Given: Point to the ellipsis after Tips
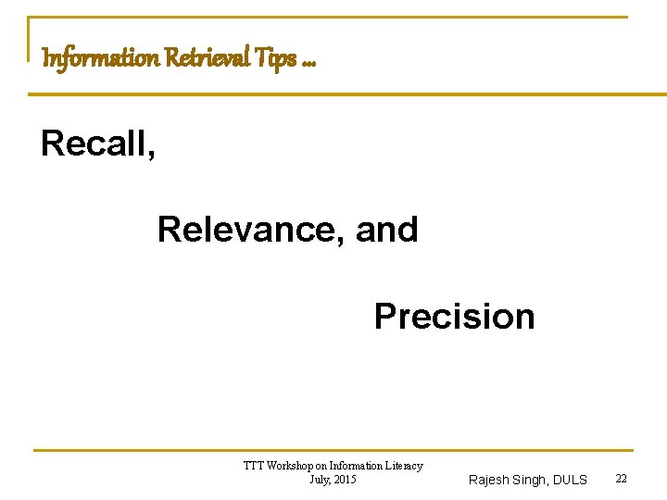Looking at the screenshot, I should (308, 63).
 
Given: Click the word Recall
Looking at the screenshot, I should (92, 143).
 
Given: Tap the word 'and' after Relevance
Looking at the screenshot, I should (387, 229).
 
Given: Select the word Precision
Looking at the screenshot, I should (454, 316).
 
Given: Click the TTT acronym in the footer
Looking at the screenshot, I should (253, 466).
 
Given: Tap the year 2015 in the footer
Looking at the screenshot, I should (345, 479).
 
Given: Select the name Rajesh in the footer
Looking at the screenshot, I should (489, 480).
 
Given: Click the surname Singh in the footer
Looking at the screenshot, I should (531, 480).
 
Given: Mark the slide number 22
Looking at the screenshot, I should (622, 478).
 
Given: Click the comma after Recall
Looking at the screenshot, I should (150, 154).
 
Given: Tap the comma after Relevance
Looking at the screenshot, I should (342, 240).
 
